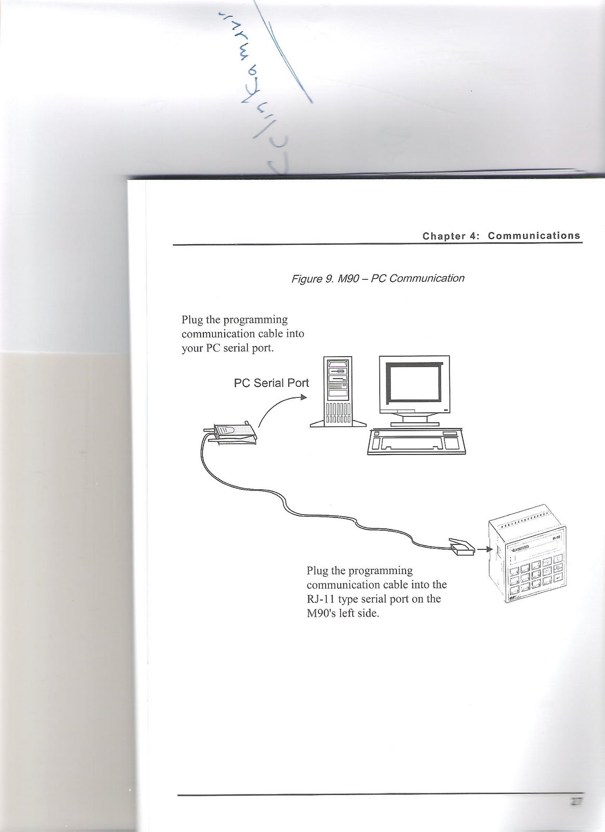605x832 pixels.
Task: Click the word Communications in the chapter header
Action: [534, 236]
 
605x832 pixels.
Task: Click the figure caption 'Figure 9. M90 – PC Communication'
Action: [378, 278]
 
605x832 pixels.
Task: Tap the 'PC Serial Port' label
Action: [271, 383]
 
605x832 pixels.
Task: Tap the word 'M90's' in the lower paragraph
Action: [321, 613]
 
